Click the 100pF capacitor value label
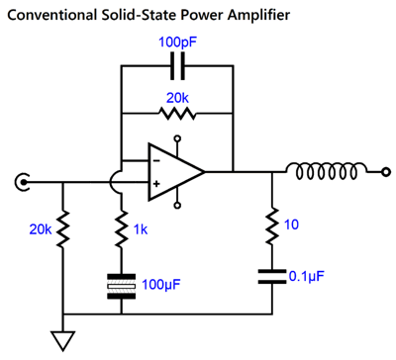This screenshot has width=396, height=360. [x=178, y=43]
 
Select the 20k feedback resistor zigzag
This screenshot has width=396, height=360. [x=177, y=114]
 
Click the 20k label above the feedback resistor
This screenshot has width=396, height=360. [x=177, y=98]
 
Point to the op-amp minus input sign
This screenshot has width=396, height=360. [x=156, y=161]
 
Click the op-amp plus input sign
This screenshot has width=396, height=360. [x=156, y=184]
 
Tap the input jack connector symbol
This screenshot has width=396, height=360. [x=22, y=182]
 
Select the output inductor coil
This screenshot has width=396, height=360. [x=326, y=170]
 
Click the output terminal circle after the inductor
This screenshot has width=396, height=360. [x=385, y=172]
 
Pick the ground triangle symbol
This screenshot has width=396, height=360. [x=62, y=340]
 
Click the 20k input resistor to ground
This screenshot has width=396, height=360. [x=62, y=228]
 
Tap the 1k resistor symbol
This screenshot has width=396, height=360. [x=122, y=228]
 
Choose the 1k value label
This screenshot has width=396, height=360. [x=141, y=229]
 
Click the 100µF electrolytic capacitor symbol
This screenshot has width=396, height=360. [x=122, y=286]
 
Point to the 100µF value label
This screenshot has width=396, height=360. [x=161, y=284]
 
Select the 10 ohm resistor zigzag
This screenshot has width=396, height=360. [x=272, y=225]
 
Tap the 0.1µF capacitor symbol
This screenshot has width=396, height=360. [x=272, y=277]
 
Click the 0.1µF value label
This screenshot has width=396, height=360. [x=306, y=276]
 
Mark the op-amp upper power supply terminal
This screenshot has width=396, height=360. [x=177, y=138]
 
